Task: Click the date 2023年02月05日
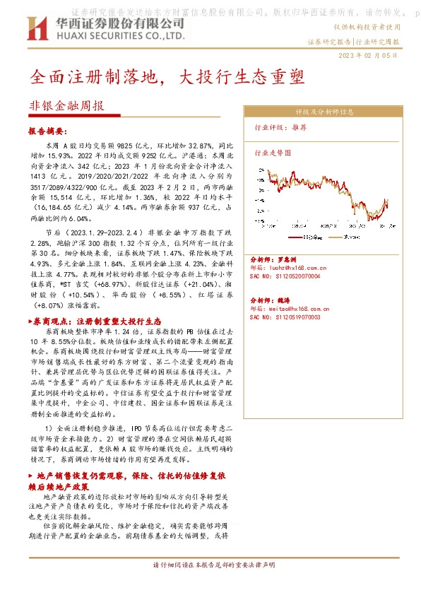pos(369,55)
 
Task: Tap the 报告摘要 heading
pos(47,131)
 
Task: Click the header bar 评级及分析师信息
pos(324,112)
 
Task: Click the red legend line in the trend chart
pos(297,237)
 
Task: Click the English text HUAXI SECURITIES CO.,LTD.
pos(120,35)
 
